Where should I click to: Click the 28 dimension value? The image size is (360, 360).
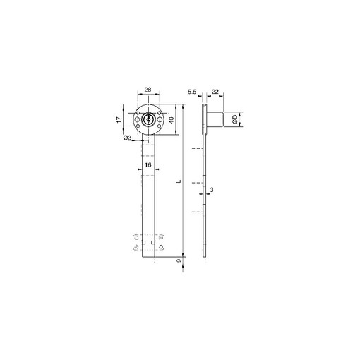[x=148, y=90]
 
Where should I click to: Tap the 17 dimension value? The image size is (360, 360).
[x=119, y=119]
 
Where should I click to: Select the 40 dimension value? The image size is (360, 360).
[x=172, y=120]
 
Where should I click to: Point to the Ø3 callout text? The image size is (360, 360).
[x=127, y=138]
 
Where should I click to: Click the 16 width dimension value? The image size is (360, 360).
[x=148, y=165]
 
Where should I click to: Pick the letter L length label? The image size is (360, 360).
[x=179, y=181]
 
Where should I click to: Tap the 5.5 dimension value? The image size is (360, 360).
[x=192, y=92]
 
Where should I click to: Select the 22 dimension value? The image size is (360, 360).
[x=215, y=92]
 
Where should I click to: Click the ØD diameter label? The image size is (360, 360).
[x=234, y=119]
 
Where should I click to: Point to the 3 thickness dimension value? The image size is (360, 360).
[x=212, y=190]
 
